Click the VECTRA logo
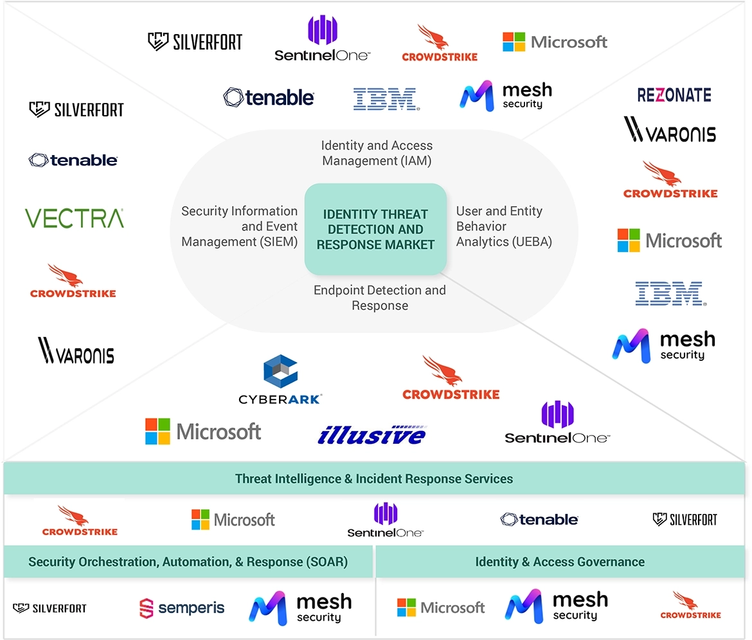(75, 218)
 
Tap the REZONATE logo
(674, 95)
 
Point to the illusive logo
(372, 434)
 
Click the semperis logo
(182, 608)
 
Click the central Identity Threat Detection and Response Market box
(375, 230)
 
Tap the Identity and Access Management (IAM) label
(377, 153)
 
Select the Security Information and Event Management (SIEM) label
(240, 226)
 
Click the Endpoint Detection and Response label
(379, 298)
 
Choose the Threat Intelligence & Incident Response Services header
(374, 479)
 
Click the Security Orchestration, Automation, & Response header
(188, 562)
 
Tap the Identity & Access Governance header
(560, 562)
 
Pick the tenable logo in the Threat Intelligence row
(539, 519)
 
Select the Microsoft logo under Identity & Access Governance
(441, 607)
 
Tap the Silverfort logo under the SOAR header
(49, 608)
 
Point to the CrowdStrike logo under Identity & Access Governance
(690, 606)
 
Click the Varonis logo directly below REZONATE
(670, 131)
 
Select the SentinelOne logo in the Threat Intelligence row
(385, 520)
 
